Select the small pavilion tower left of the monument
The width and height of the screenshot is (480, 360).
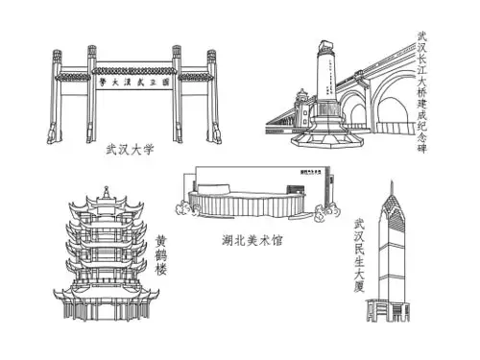[300, 106]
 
